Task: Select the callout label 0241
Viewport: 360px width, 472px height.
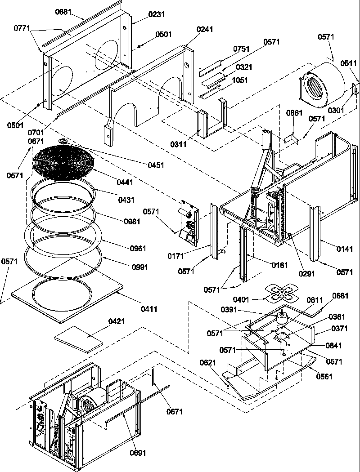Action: (205, 30)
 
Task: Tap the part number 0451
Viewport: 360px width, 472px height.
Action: (156, 165)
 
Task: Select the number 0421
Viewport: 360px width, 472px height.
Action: (117, 321)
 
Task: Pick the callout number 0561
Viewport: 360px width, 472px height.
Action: (324, 376)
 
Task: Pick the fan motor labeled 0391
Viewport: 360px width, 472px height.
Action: (283, 318)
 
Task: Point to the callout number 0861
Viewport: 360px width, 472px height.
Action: (294, 113)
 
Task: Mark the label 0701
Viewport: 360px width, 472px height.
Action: (36, 133)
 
